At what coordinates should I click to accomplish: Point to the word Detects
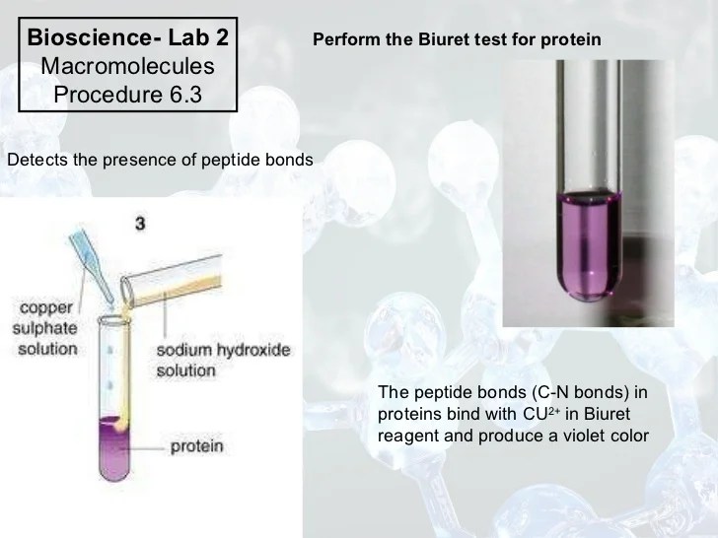click(36, 159)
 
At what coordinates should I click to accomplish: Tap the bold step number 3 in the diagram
click(140, 225)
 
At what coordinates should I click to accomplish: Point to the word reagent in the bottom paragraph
click(408, 435)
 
